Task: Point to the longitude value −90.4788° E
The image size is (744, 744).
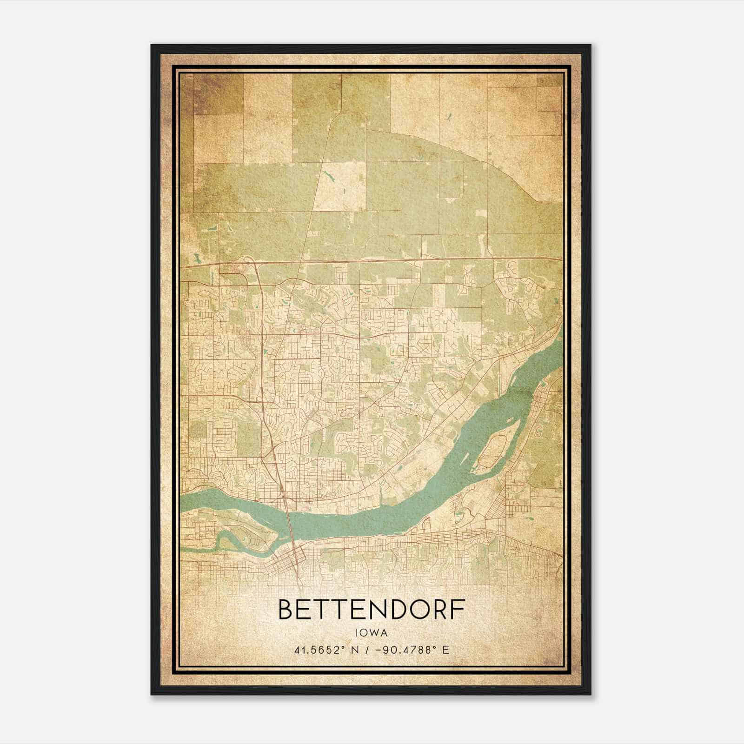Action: (411, 650)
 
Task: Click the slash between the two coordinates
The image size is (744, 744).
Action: (367, 650)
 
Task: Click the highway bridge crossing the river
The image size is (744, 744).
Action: (288, 511)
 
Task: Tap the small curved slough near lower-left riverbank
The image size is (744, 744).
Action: (228, 539)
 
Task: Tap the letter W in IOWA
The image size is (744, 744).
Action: (375, 633)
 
